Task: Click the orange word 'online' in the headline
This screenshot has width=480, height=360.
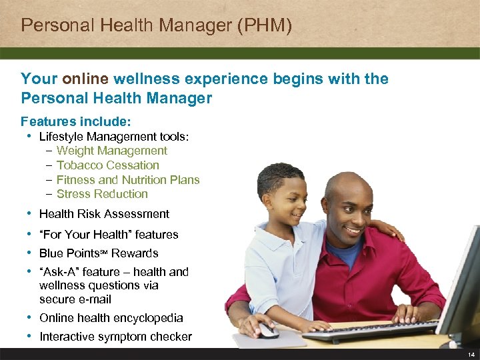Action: point(85,79)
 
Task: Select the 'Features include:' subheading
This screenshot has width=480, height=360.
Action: point(76,121)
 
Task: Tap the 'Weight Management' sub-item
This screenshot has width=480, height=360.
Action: point(112,151)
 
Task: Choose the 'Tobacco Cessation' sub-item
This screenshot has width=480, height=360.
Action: point(108,165)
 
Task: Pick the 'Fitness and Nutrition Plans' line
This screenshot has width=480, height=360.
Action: point(128,180)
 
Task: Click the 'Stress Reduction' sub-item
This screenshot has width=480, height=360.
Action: point(102,194)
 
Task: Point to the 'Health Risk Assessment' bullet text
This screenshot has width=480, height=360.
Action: point(104,214)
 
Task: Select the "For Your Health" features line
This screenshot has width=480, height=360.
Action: point(109,235)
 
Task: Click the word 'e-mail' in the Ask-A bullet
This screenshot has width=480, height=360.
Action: point(94,299)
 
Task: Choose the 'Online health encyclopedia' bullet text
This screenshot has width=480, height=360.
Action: point(111,318)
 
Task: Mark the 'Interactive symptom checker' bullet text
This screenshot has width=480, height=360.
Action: point(115,337)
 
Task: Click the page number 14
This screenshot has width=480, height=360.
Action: point(471,354)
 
